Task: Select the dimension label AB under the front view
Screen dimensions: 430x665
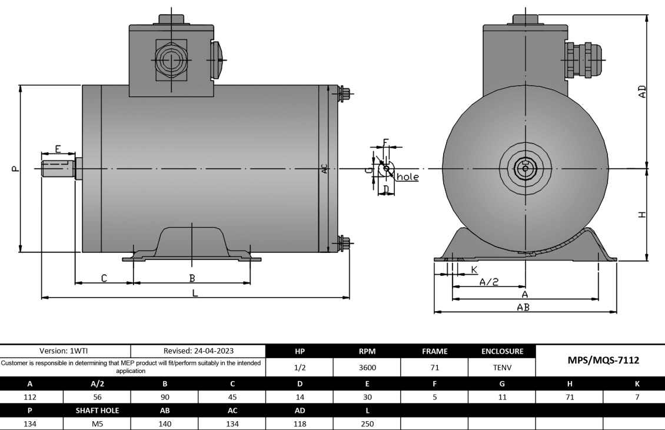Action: [523, 307]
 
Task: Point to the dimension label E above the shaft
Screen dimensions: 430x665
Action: [58, 149]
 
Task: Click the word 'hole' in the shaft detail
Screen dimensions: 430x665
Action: [408, 176]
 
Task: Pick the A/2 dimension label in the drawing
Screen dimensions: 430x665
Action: [488, 282]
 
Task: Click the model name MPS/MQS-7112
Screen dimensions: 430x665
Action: [600, 360]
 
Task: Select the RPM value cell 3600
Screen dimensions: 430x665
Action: [367, 368]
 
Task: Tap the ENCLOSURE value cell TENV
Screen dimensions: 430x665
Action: [501, 368]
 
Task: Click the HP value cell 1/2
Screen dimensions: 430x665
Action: [300, 368]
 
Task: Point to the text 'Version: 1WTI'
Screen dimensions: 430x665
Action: [65, 351]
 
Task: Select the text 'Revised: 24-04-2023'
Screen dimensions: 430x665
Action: [199, 351]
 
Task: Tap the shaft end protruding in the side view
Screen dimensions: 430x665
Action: [58, 169]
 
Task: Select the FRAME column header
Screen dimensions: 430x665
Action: [434, 351]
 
